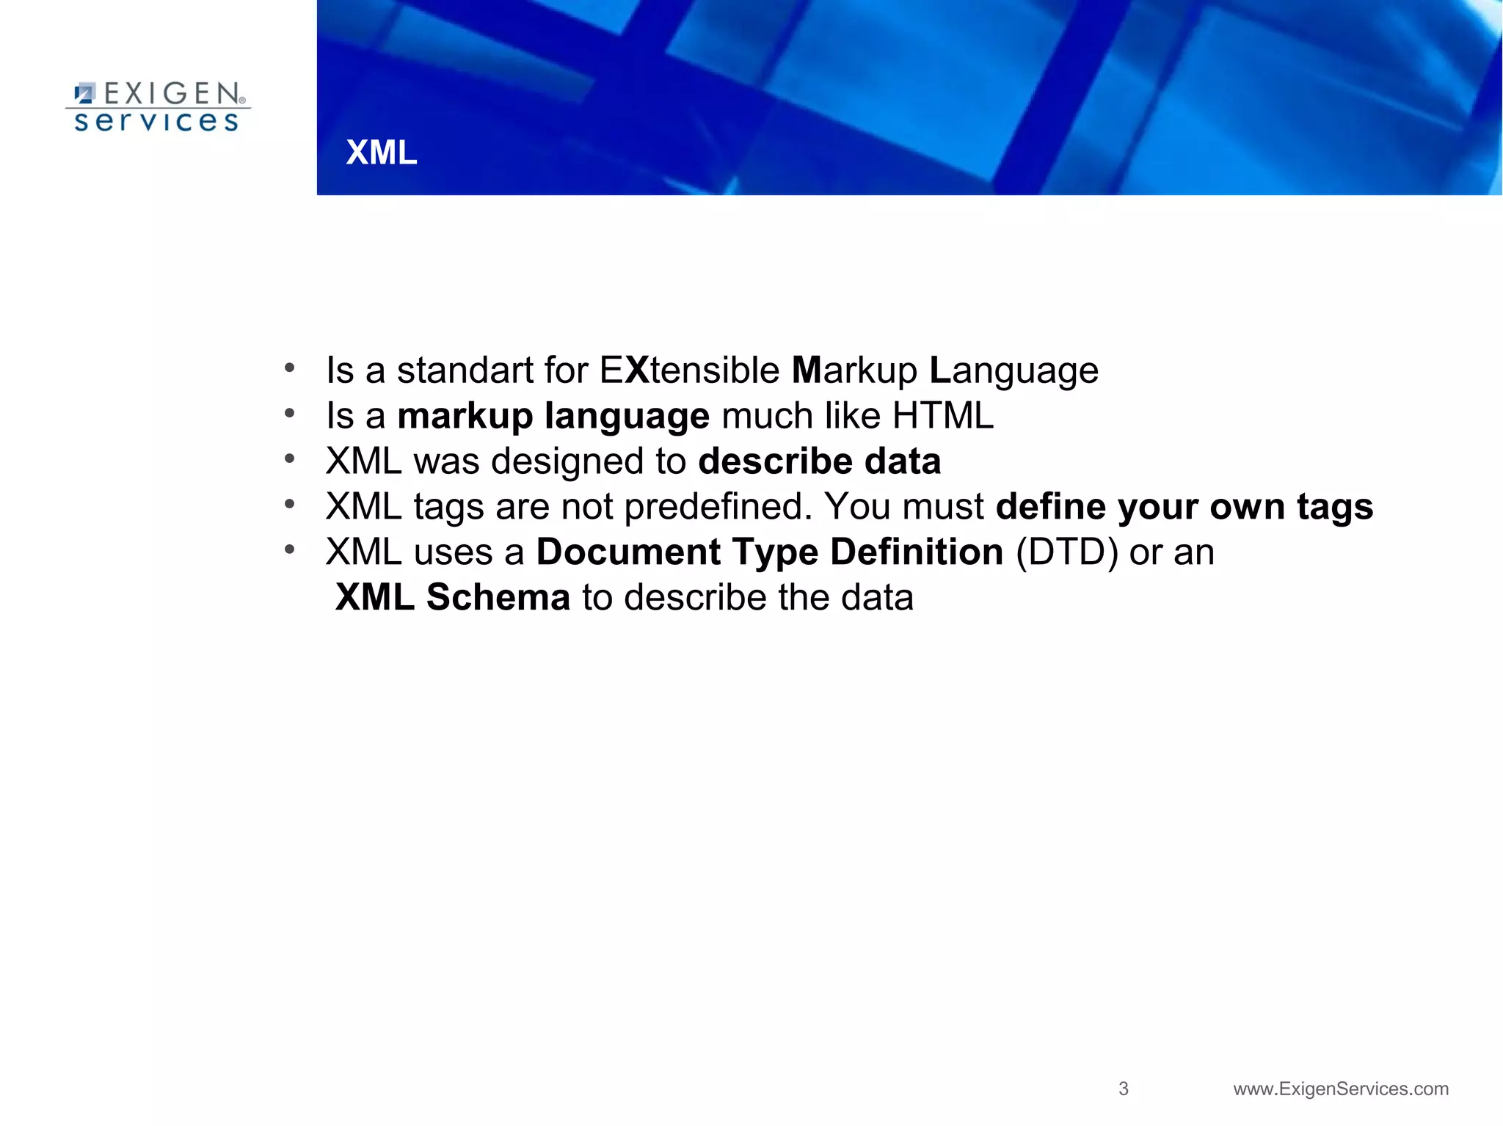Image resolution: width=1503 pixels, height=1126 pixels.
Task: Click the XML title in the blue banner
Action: [x=381, y=153]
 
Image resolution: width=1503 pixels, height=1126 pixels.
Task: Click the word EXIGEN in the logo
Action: [x=172, y=94]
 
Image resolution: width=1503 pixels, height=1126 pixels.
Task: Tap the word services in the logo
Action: [x=156, y=121]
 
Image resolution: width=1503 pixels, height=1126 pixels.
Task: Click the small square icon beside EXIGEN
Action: [x=85, y=93]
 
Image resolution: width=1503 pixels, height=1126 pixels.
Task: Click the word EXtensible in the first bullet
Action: [x=689, y=370]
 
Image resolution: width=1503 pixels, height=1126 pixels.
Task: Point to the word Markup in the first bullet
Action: [x=854, y=370]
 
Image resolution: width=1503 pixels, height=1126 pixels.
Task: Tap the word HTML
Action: [x=942, y=416]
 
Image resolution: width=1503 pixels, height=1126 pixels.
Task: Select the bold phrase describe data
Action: [x=819, y=461]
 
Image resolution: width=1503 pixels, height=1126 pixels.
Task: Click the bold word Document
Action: [x=628, y=552]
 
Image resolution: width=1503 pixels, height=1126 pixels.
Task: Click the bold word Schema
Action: [x=498, y=597]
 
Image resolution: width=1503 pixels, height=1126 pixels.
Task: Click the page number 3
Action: [x=1123, y=1089]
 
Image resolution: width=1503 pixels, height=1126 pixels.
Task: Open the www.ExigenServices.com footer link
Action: [x=1341, y=1089]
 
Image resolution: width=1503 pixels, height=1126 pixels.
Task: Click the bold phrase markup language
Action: [x=553, y=417]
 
